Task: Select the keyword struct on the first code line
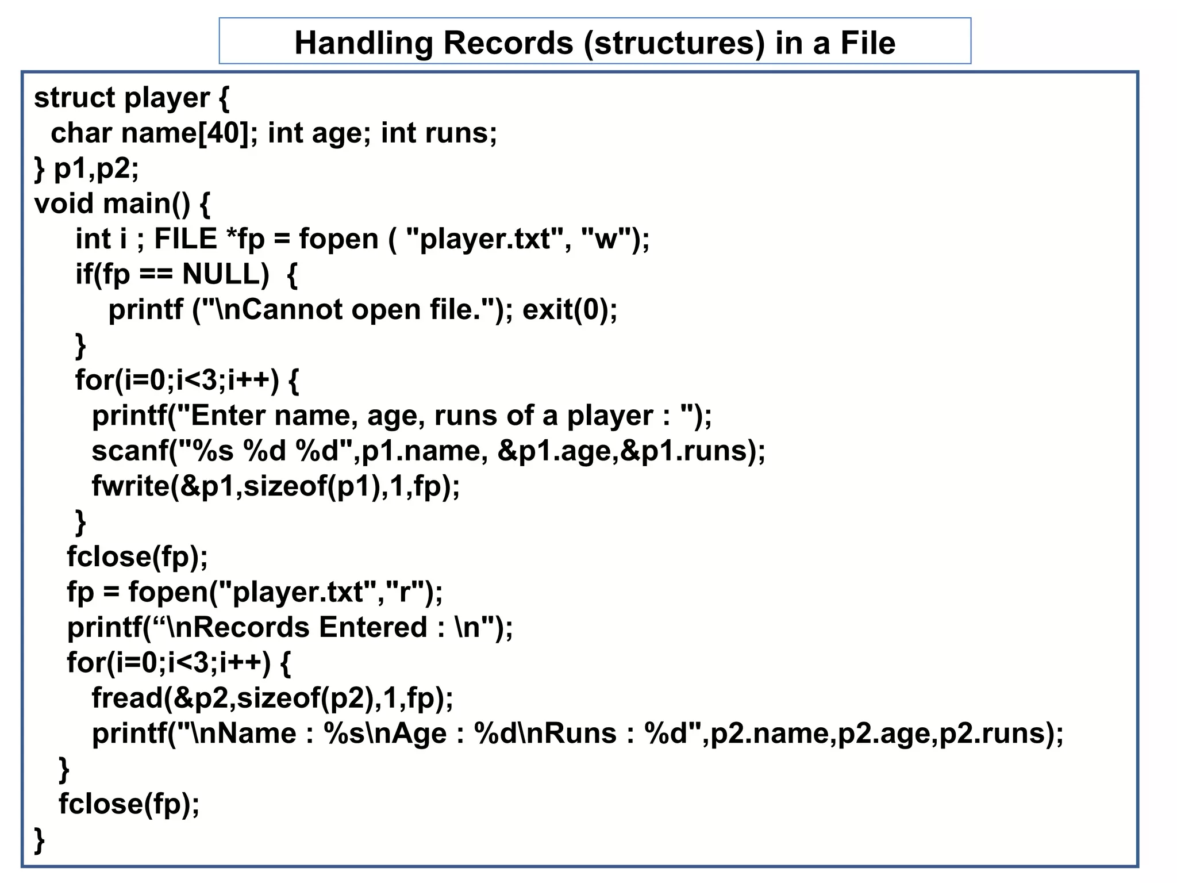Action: click(x=74, y=98)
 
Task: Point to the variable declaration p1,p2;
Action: click(x=96, y=168)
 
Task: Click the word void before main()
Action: click(x=64, y=204)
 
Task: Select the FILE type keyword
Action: click(x=186, y=239)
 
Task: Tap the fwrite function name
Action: click(x=130, y=486)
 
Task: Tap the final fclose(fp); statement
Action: click(x=129, y=804)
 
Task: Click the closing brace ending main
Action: click(x=40, y=840)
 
